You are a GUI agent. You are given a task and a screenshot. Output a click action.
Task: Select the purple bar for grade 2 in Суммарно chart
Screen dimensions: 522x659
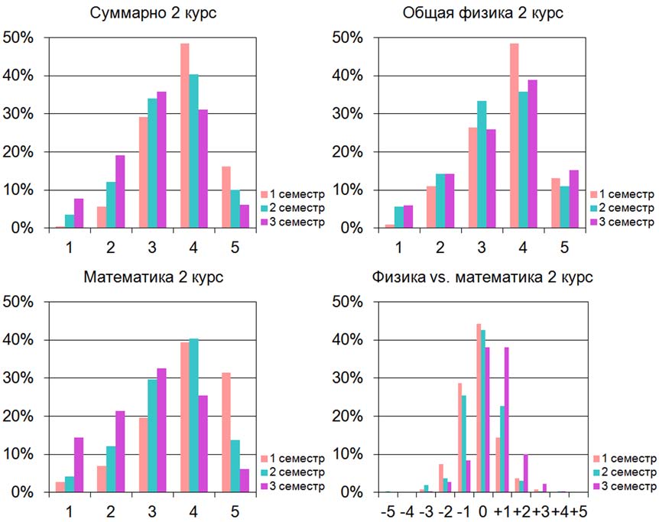click(x=120, y=192)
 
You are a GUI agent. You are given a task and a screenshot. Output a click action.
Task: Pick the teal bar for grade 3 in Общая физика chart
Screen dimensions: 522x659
click(x=482, y=165)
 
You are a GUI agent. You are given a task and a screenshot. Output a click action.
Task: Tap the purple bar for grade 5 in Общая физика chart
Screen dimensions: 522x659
click(x=573, y=199)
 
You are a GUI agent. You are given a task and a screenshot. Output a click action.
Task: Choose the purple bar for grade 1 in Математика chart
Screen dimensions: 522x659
click(x=79, y=465)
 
